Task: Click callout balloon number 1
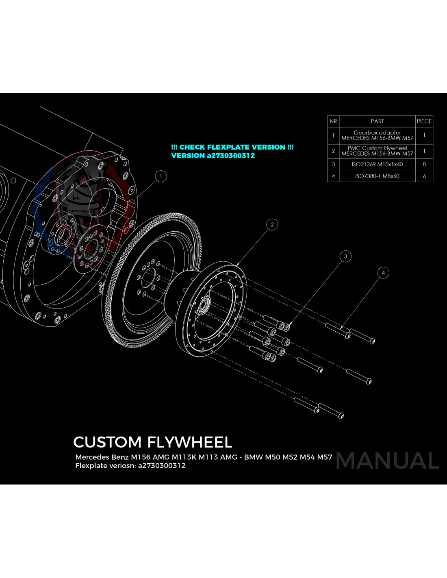click(161, 176)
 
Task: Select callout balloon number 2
click(272, 224)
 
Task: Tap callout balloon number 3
click(345, 256)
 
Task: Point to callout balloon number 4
click(383, 273)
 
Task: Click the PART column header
click(377, 121)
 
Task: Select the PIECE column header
click(424, 121)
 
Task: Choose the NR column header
click(333, 121)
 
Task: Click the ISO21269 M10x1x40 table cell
click(377, 164)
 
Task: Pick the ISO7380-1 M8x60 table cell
click(377, 176)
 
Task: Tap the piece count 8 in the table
click(424, 164)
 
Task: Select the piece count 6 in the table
click(424, 176)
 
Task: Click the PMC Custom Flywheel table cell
click(377, 151)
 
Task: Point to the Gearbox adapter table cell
click(377, 135)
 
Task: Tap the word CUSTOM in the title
click(107, 442)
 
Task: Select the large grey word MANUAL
click(387, 461)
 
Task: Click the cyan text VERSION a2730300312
click(213, 156)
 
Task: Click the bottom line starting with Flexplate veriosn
click(130, 466)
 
